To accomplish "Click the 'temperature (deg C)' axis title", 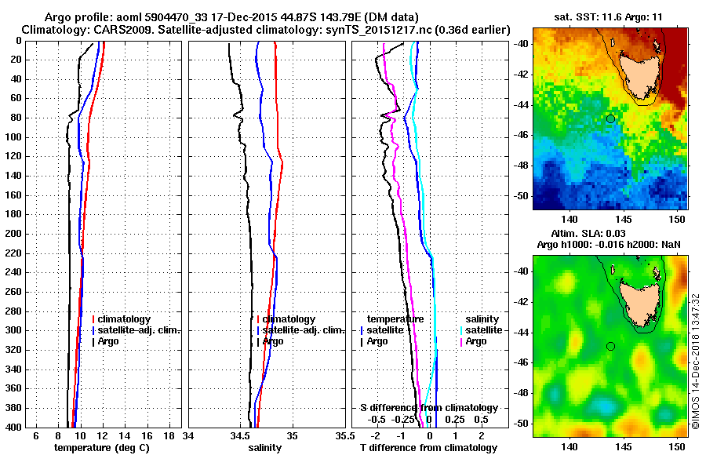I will point(101,447).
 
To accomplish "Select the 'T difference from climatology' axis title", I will point(428,447).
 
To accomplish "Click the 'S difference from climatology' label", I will point(429,408).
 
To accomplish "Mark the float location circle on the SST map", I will point(610,118).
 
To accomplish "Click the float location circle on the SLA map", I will point(610,346).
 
